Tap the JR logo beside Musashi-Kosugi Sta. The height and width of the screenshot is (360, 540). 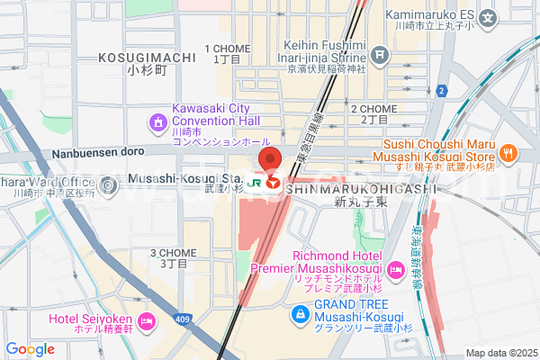(x=255, y=181)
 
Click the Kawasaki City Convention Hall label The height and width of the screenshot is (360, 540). (x=213, y=113)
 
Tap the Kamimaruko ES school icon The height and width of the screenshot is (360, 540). (x=488, y=16)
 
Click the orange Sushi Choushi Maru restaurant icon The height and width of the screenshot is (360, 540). (x=508, y=153)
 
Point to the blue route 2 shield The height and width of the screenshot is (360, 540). (x=441, y=91)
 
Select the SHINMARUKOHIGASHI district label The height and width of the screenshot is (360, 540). (x=361, y=189)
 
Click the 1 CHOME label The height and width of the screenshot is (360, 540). (x=225, y=49)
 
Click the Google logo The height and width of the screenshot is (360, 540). (x=29, y=349)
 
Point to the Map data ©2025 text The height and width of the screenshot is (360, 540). (x=499, y=353)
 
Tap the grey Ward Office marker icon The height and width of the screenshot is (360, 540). (x=109, y=186)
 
